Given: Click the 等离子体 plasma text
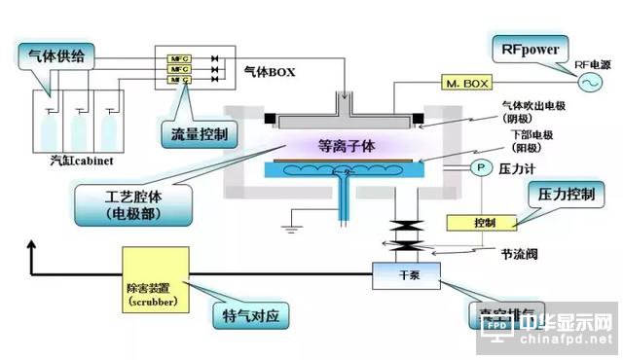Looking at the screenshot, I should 346,146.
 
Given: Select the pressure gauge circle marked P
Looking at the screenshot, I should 478,167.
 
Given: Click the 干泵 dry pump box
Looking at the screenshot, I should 409,273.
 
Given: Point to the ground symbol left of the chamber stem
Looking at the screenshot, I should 289,230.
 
